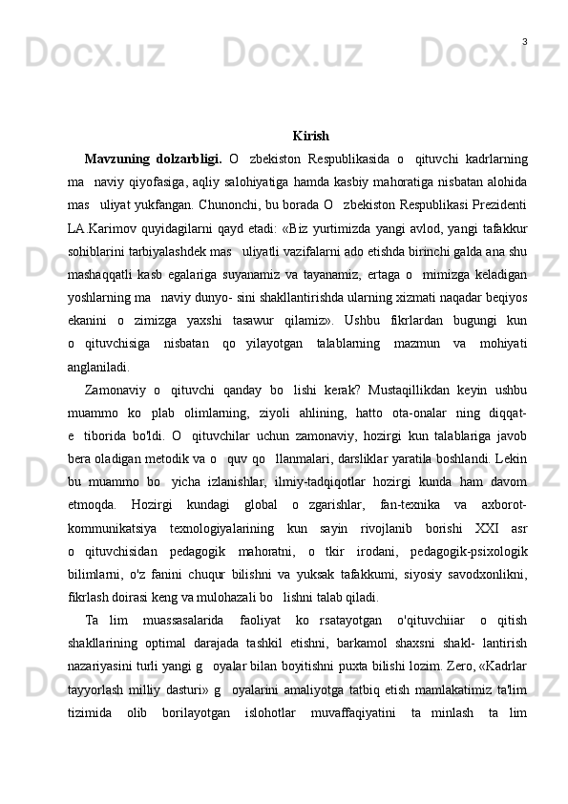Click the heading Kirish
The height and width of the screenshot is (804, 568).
(x=311, y=136)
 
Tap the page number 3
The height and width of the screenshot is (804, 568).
(x=525, y=41)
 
